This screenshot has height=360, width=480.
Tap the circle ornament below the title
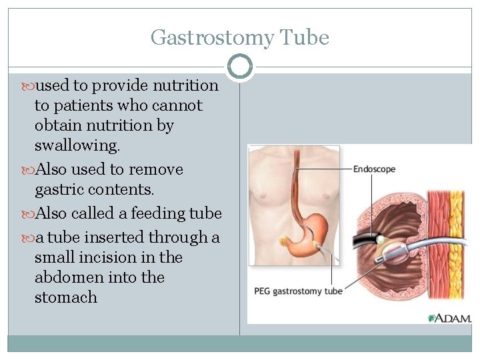tap(240, 67)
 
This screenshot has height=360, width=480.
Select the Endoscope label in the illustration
tap(374, 169)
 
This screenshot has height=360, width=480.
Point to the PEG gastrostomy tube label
tap(298, 291)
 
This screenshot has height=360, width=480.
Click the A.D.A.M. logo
tap(451, 318)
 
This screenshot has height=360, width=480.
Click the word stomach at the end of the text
tap(65, 297)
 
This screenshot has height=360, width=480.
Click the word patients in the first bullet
tap(83, 105)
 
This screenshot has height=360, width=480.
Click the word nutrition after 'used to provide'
tap(185, 85)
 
